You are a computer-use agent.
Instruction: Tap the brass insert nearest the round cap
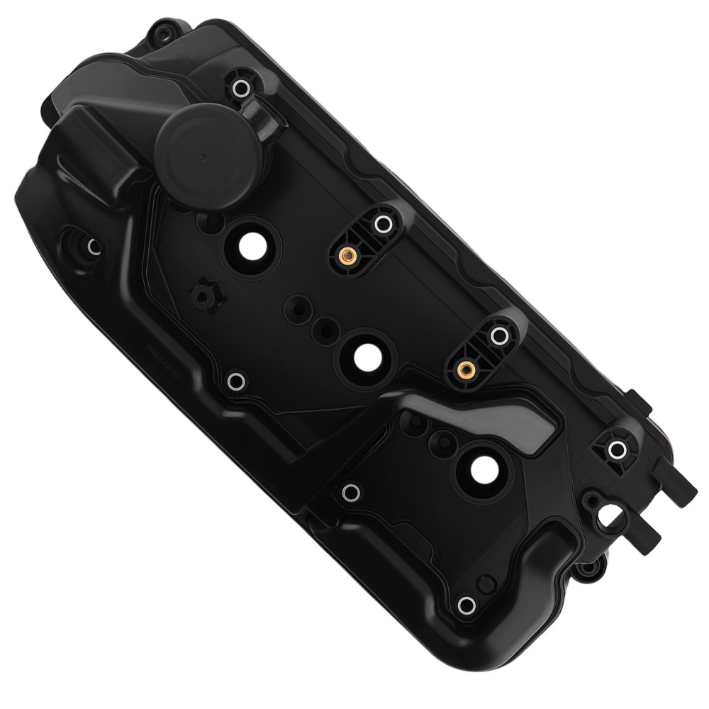click(x=347, y=255)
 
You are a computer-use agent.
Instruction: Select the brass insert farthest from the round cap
click(x=465, y=369)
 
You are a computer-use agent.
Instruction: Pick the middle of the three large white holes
click(x=365, y=357)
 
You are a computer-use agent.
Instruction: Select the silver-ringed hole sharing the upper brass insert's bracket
click(x=384, y=225)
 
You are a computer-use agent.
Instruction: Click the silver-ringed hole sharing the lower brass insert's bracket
click(x=499, y=335)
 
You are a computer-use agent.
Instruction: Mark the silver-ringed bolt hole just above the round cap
click(x=240, y=89)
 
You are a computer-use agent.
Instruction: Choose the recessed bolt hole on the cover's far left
click(x=92, y=247)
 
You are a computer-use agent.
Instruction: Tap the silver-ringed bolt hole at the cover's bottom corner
click(x=466, y=605)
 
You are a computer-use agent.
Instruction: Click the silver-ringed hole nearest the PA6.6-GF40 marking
click(x=236, y=381)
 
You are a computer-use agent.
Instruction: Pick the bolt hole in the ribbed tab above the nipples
click(x=617, y=449)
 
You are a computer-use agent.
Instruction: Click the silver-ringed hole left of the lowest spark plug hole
click(x=350, y=492)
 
